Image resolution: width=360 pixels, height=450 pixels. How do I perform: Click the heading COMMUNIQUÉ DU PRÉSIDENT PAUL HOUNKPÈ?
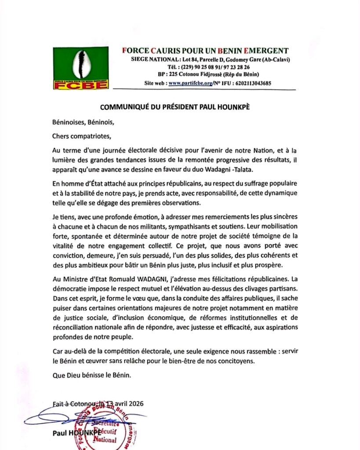[x=181, y=107]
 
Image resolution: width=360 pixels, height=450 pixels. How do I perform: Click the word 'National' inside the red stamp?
[x=105, y=440]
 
